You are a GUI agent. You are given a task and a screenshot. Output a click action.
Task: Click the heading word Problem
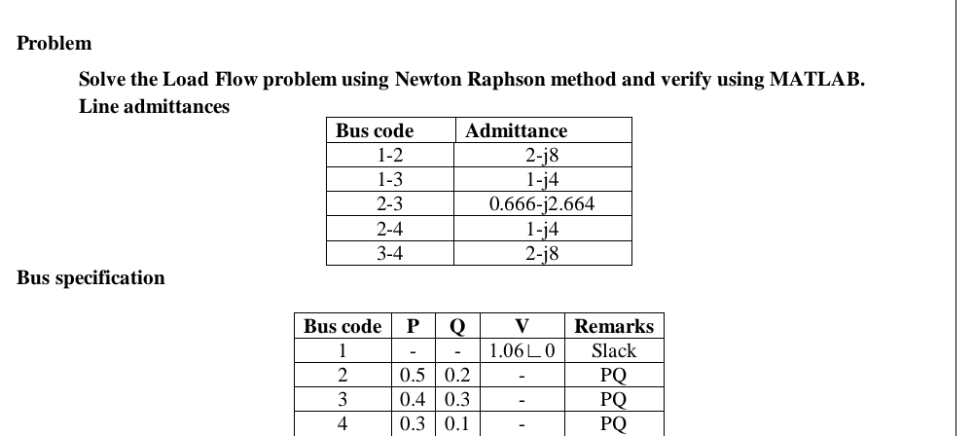tap(55, 43)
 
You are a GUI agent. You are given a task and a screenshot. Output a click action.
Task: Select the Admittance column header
tap(517, 130)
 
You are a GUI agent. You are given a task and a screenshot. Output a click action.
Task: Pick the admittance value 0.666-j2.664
tap(541, 204)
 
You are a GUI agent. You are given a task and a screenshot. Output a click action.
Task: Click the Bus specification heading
tap(91, 278)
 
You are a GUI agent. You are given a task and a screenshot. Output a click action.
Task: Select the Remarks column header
tap(614, 326)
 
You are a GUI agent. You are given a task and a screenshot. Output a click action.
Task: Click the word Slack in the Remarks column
tap(614, 350)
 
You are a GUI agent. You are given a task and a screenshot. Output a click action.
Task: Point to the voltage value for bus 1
tap(522, 350)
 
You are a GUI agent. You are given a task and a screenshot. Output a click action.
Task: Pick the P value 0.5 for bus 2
tap(413, 375)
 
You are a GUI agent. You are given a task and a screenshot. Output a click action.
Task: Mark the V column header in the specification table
tap(522, 326)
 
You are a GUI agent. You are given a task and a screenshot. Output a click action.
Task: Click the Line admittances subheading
tap(154, 106)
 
